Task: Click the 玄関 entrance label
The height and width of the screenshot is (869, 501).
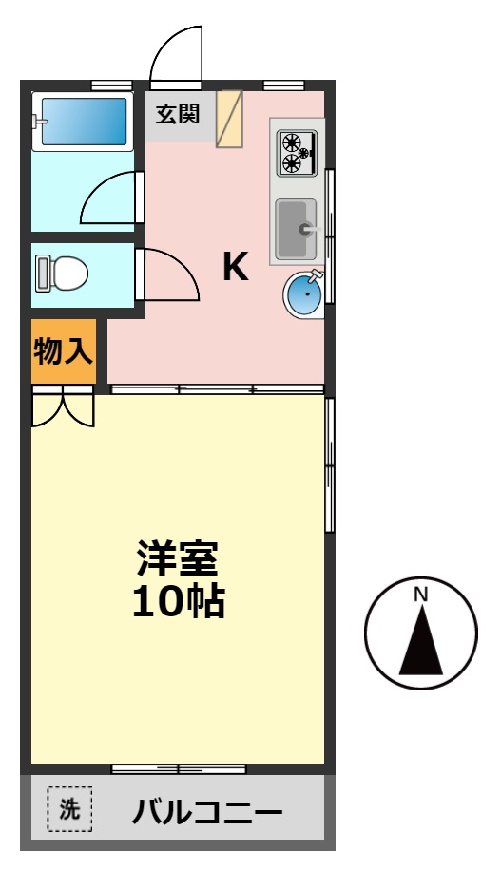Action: (178, 115)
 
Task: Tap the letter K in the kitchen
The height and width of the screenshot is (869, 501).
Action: (235, 268)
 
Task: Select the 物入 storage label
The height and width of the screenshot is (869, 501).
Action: (63, 352)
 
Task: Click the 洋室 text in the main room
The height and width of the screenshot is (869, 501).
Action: (178, 559)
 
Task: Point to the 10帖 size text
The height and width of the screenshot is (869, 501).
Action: (178, 601)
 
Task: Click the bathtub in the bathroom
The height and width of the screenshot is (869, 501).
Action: (82, 121)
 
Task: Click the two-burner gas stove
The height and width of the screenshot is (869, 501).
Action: (297, 152)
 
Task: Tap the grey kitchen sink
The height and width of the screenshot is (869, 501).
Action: (296, 228)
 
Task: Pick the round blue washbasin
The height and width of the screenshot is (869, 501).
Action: (304, 294)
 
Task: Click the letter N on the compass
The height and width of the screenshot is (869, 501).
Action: (420, 595)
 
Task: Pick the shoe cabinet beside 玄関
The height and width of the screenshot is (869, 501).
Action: (229, 119)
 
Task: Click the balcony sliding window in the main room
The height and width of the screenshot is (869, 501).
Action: (179, 768)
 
